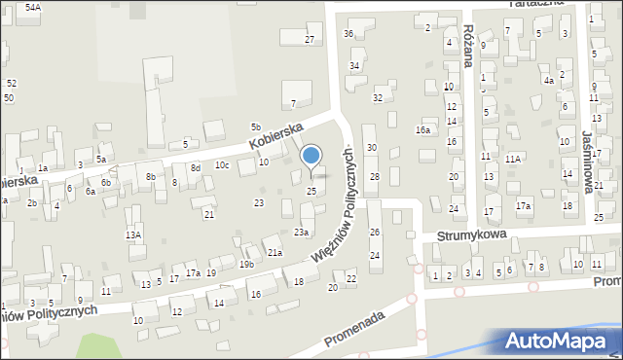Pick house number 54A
33,7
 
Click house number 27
310,39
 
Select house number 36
348,33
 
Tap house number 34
354,65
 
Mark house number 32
378,97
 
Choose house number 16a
422,129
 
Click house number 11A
513,158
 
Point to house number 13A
132,234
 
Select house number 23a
302,232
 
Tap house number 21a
275,253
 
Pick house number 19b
247,264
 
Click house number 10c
222,164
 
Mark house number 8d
195,167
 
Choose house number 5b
256,126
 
